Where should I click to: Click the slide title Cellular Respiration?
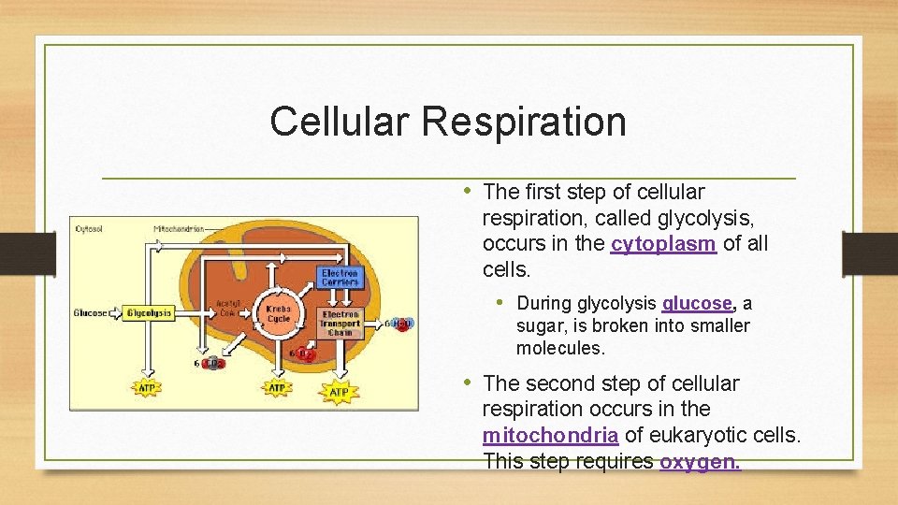pos(447,122)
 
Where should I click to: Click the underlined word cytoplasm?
pos(663,245)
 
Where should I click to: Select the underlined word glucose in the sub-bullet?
pos(697,304)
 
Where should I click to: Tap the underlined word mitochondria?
pos(550,436)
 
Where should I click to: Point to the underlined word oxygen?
pos(700,462)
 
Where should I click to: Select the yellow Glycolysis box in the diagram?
pos(149,312)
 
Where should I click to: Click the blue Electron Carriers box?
pos(339,278)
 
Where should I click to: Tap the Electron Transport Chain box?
pos(340,323)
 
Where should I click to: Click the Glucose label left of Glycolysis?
pos(90,312)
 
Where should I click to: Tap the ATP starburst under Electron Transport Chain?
pos(339,391)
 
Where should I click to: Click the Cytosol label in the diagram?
pos(89,227)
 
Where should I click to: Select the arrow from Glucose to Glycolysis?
pos(115,312)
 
